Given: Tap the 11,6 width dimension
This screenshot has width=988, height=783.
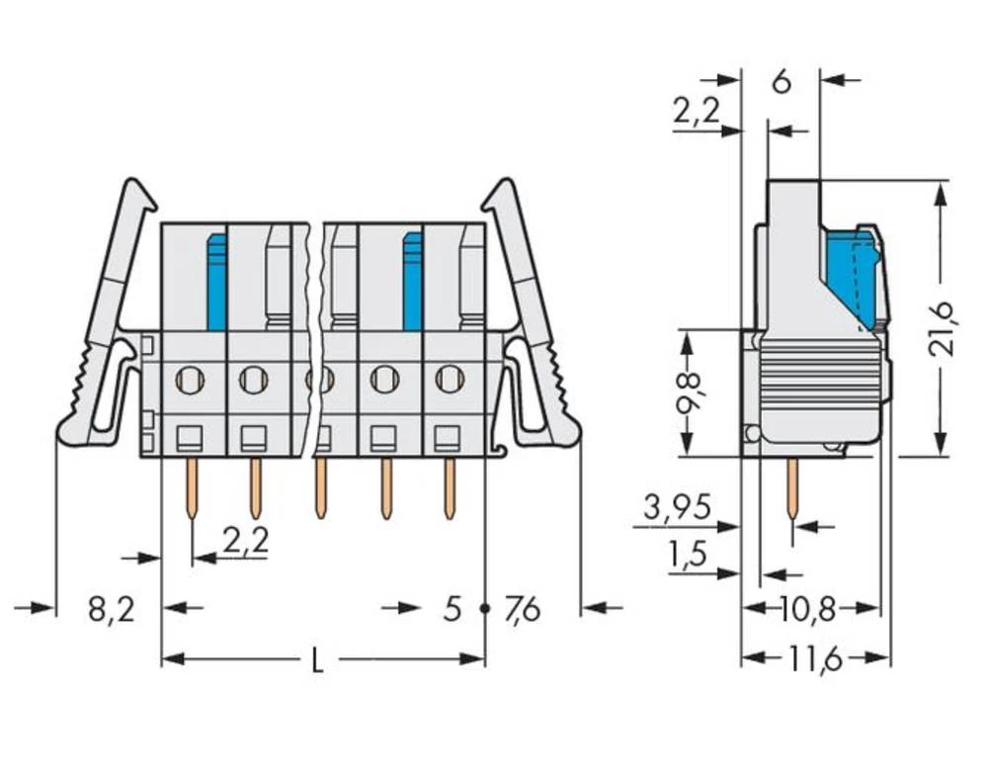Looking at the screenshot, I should pyautogui.click(x=816, y=658).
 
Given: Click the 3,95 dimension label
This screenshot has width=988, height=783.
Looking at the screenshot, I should pyautogui.click(x=677, y=508).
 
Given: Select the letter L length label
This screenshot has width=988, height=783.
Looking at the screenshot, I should pyautogui.click(x=317, y=660).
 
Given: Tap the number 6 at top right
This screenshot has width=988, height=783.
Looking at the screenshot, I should pyautogui.click(x=781, y=82).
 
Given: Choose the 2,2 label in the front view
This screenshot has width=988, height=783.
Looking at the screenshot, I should pyautogui.click(x=245, y=541).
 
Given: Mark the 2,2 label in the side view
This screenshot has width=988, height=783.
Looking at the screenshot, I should pyautogui.click(x=697, y=113).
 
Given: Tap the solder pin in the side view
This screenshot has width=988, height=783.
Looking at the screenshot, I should pyautogui.click(x=792, y=488).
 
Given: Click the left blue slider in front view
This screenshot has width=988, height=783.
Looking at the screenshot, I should pyautogui.click(x=216, y=282).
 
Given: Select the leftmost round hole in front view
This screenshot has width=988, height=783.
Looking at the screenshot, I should pyautogui.click(x=190, y=378).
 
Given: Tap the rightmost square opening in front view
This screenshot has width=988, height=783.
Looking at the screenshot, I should pyautogui.click(x=448, y=436).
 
